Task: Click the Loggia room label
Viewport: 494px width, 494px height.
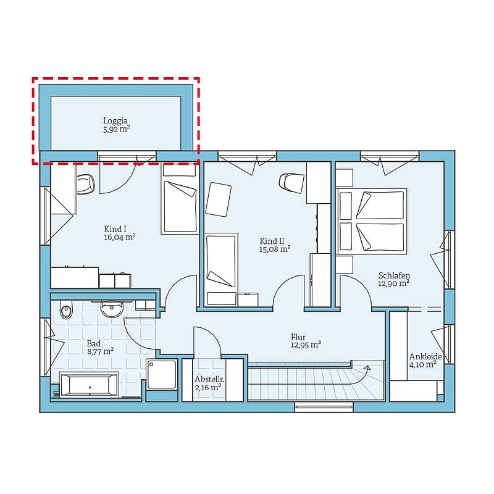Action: tap(115, 120)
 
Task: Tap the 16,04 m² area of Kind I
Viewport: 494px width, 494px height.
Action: tap(120, 237)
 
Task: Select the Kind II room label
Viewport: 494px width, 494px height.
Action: tap(272, 241)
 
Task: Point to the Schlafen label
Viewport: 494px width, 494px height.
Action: tap(394, 275)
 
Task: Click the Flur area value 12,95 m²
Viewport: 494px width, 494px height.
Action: tap(306, 345)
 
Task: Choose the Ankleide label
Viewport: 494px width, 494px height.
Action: tap(425, 356)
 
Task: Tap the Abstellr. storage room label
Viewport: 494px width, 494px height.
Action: tap(209, 379)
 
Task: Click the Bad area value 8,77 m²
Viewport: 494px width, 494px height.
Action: tap(100, 351)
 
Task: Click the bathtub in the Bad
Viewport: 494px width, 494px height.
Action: tap(90, 385)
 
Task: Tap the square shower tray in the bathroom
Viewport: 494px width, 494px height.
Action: tap(161, 375)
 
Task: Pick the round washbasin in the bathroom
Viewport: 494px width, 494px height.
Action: tap(112, 309)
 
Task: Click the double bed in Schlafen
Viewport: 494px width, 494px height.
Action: tap(372, 221)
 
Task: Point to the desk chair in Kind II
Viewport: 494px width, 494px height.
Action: tap(291, 183)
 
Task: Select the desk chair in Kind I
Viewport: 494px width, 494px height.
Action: tap(86, 184)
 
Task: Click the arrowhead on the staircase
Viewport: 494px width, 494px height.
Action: tap(367, 367)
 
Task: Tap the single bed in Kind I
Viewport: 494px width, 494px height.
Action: tap(180, 198)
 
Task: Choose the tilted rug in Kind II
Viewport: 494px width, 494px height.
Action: tap(219, 199)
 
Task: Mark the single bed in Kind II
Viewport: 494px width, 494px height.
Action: tap(221, 269)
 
